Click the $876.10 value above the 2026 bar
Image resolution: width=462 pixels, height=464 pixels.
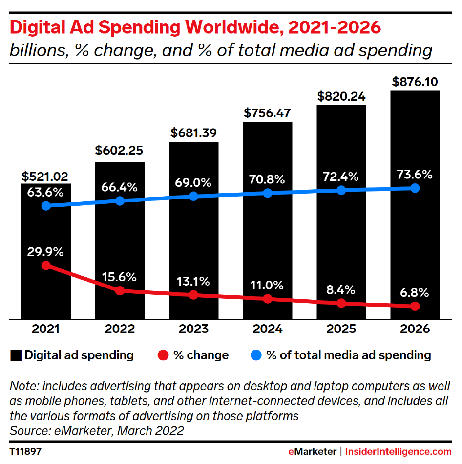pyautogui.click(x=415, y=81)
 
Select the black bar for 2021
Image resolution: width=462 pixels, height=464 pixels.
pyautogui.click(x=45, y=293)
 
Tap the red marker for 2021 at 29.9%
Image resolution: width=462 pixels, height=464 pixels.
pyautogui.click(x=46, y=265)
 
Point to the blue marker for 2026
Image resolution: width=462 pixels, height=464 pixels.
pyautogui.click(x=415, y=188)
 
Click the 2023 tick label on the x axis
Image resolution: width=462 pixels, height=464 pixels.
pyautogui.click(x=193, y=329)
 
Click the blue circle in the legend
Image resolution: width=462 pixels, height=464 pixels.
pyautogui.click(x=256, y=355)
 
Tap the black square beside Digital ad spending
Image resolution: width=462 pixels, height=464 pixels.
pyautogui.click(x=16, y=355)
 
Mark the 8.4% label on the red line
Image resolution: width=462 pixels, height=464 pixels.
pyautogui.click(x=341, y=289)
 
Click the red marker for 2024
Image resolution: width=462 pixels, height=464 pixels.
pyautogui.click(x=267, y=299)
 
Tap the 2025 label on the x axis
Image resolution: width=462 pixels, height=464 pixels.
pyautogui.click(x=341, y=329)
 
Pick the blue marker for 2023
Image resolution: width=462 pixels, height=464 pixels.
pyautogui.click(x=193, y=196)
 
